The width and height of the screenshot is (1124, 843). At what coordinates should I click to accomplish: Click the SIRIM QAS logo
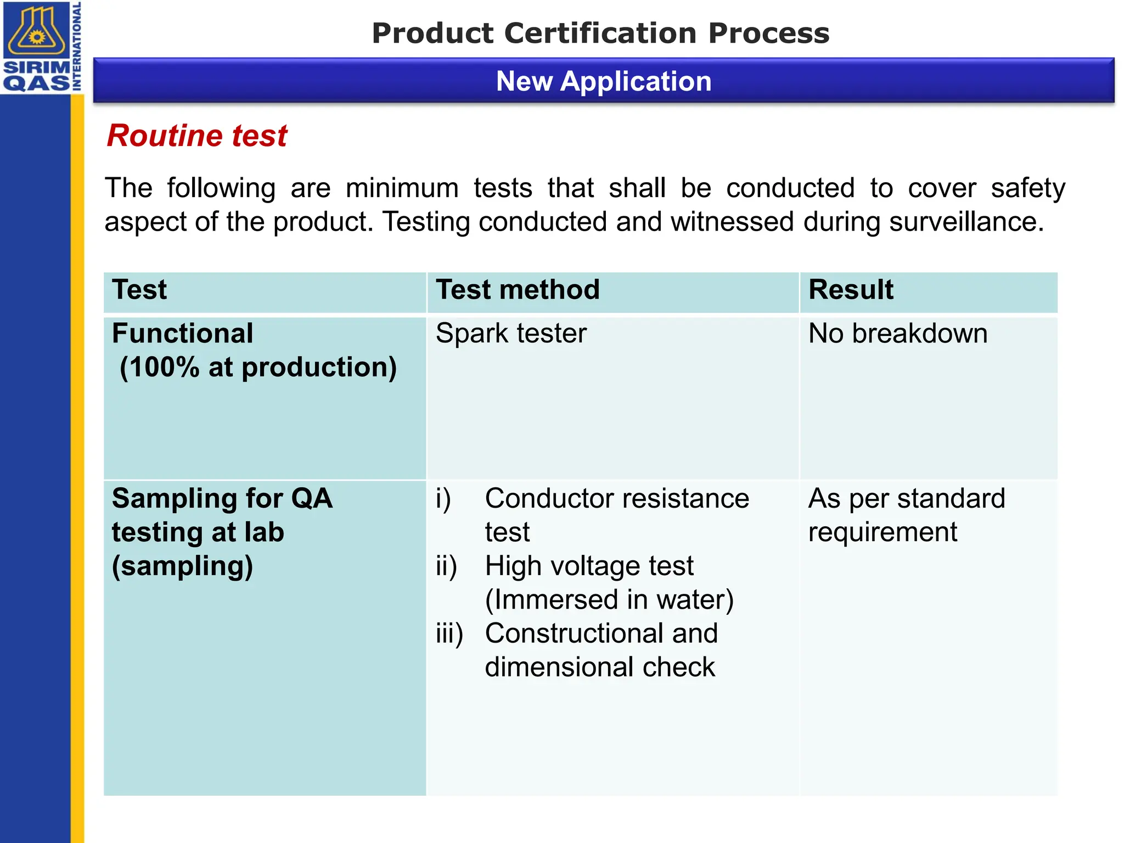(x=41, y=47)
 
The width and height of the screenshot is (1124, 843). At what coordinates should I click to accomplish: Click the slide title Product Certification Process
(x=600, y=33)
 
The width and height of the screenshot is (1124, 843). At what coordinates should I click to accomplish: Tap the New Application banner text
(x=604, y=81)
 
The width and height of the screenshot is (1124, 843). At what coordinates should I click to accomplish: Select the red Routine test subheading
(x=197, y=136)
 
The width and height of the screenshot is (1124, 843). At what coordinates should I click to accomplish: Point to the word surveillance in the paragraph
(x=966, y=222)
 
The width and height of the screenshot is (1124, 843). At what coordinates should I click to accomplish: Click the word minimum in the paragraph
(x=402, y=188)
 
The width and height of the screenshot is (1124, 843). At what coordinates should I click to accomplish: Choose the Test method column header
(x=518, y=289)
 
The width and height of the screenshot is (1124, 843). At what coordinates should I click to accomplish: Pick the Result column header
(x=851, y=289)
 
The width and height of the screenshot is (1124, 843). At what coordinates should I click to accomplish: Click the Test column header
(x=139, y=289)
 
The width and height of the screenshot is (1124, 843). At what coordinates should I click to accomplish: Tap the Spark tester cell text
(x=511, y=333)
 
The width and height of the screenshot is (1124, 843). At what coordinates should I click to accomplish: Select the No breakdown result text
(x=898, y=333)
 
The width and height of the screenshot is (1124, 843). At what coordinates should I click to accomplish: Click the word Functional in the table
(x=182, y=333)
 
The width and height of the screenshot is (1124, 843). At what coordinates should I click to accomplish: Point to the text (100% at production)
(x=258, y=367)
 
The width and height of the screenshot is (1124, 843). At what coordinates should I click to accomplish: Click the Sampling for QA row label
(x=222, y=498)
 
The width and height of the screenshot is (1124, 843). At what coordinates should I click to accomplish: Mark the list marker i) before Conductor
(x=443, y=499)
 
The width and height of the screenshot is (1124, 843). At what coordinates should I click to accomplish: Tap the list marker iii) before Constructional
(x=449, y=634)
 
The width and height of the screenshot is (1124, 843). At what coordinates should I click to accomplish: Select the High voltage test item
(x=589, y=566)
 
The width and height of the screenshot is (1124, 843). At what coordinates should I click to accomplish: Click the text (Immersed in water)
(x=609, y=600)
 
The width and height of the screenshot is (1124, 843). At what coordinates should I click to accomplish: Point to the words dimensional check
(x=600, y=667)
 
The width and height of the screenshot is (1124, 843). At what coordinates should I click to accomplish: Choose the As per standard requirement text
(x=906, y=515)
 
